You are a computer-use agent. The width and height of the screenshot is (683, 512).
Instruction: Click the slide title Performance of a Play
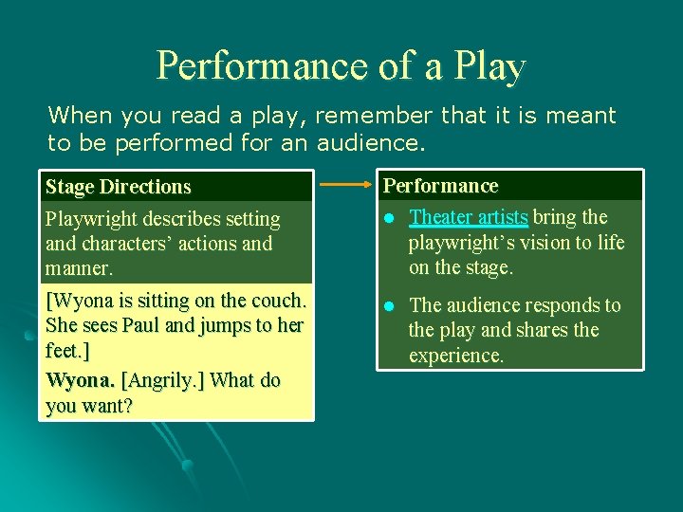(x=341, y=65)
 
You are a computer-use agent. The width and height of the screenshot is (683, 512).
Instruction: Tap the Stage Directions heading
(x=118, y=187)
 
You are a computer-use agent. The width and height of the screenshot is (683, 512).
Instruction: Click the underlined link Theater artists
(x=468, y=217)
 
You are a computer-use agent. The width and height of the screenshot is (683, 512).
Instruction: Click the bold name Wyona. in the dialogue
(x=80, y=380)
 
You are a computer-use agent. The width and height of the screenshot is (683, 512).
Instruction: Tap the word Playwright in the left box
(x=91, y=219)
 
